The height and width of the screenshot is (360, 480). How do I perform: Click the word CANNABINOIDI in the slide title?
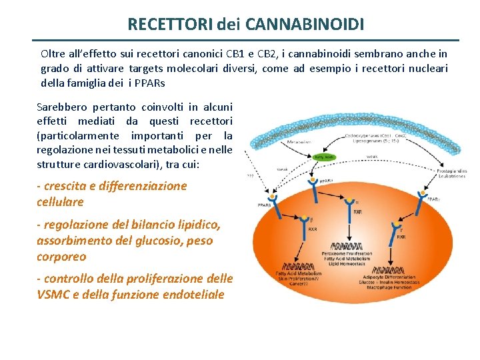point(305,25)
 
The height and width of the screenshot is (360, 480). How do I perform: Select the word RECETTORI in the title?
point(170,25)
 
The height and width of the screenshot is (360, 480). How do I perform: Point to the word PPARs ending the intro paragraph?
point(149,83)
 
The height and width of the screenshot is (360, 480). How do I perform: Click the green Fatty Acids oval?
point(324,157)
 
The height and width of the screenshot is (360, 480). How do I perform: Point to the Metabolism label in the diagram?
point(299,141)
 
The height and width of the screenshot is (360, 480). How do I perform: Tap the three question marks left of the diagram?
point(250,177)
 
